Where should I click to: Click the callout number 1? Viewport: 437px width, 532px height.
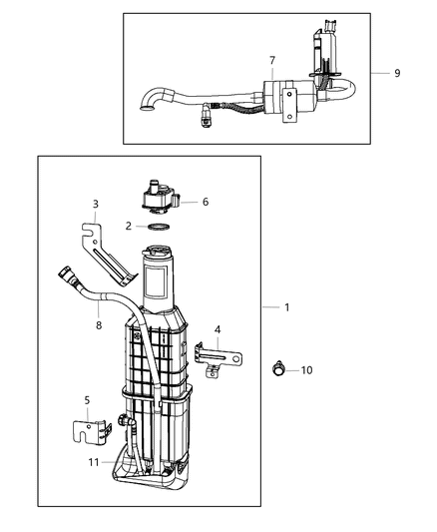(287, 307)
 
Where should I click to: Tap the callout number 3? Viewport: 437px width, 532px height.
(94, 205)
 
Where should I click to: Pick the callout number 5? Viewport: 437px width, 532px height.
(86, 400)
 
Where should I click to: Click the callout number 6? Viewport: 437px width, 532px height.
(205, 202)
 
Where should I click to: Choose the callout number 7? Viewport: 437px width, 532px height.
(271, 62)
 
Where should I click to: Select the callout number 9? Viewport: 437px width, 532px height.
(397, 73)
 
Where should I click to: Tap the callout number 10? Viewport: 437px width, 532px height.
(307, 370)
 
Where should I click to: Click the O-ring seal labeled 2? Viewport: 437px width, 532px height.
(156, 228)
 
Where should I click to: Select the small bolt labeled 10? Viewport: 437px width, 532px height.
(276, 370)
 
